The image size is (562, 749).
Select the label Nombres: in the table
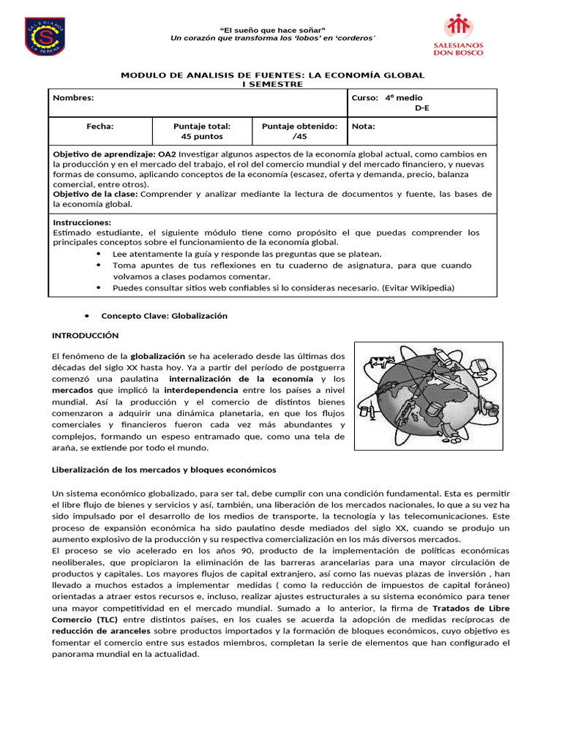74,97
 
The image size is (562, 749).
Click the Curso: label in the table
365,97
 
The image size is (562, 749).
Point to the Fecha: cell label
100,127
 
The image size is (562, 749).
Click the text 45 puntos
201,137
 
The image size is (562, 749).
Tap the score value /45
299,137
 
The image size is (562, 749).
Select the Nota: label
364,127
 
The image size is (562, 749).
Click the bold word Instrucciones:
83,222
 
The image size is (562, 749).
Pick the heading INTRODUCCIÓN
85,335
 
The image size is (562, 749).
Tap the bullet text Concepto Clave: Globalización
164,316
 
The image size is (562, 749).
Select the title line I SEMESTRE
272,84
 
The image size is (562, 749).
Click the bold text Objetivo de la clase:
95,194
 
